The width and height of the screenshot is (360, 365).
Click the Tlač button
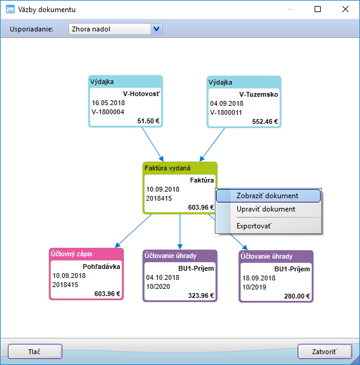(x=35, y=352)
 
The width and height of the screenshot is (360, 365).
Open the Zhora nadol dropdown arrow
(x=157, y=29)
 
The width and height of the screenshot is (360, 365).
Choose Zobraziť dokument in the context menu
(x=268, y=196)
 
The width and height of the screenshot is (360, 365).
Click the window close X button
(x=345, y=9)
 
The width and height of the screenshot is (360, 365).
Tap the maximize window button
(x=318, y=9)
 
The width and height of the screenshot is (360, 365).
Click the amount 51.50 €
(x=148, y=121)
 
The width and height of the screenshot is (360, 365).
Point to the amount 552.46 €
(x=265, y=121)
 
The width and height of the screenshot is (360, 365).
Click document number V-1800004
(x=108, y=112)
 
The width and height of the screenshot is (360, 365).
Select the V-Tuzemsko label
(x=258, y=94)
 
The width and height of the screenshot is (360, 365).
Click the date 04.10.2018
(x=163, y=277)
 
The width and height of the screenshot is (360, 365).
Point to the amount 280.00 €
(x=297, y=296)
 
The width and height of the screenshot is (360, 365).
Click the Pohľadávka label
(x=102, y=266)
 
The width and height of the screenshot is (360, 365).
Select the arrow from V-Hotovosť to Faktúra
(x=153, y=144)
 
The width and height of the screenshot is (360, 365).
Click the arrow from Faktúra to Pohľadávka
(x=134, y=231)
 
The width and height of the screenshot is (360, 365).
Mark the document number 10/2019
(x=254, y=287)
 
